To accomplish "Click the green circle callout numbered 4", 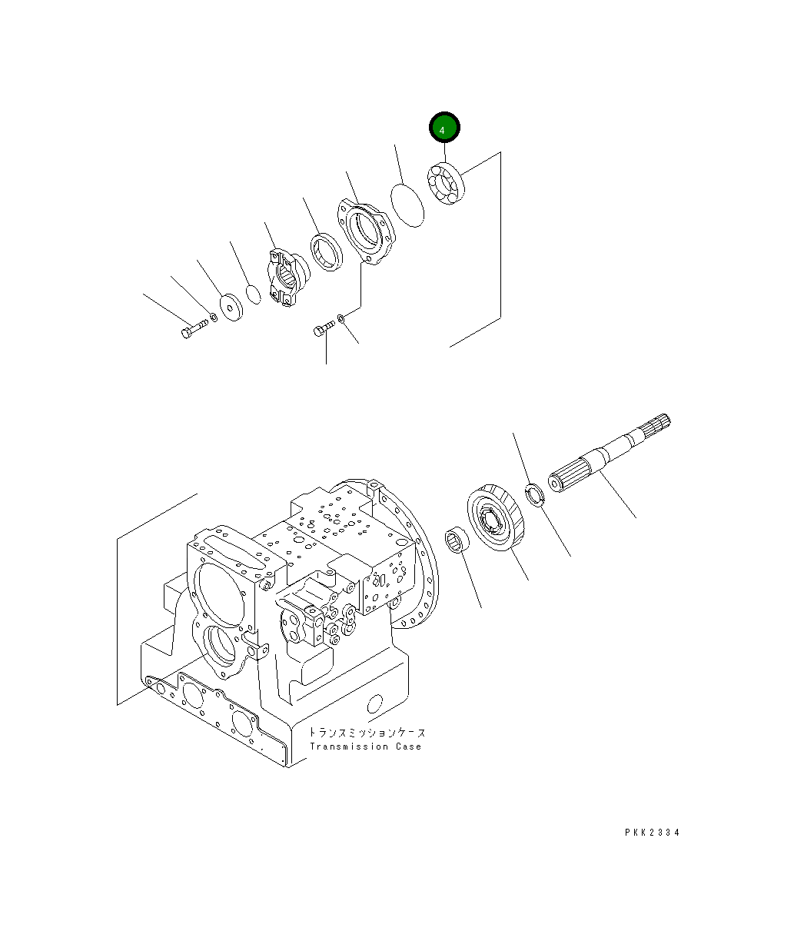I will pos(444,129).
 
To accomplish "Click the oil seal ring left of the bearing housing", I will pos(326,251).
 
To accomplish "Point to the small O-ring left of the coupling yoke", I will pos(253,294).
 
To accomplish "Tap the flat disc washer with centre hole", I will pos(229,306).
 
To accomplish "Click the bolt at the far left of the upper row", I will pos(191,330).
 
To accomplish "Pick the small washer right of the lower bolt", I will pos(341,317).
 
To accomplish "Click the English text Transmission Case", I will pos(365,747).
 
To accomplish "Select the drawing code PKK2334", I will pos(652,832).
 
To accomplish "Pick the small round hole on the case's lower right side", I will pos(375,703).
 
